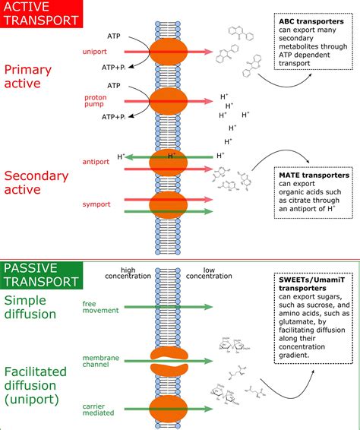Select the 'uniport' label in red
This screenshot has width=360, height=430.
pos(95,52)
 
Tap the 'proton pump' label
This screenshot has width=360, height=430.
pos(94,102)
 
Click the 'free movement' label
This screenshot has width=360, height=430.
pos(95,306)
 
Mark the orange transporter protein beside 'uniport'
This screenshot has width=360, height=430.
pos(173,51)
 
